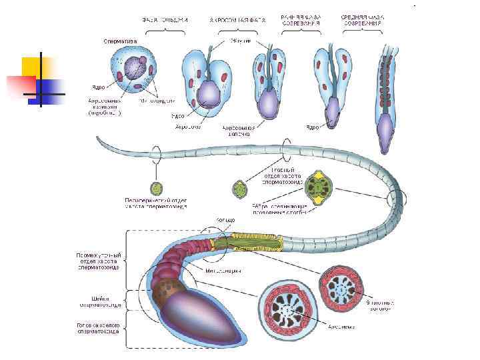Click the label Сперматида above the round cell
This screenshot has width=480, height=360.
click(x=120, y=41)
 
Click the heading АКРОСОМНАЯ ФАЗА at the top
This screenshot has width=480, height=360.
click(x=237, y=20)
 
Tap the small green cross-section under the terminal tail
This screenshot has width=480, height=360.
click(x=157, y=187)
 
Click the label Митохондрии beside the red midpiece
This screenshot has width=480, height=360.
click(x=223, y=271)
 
